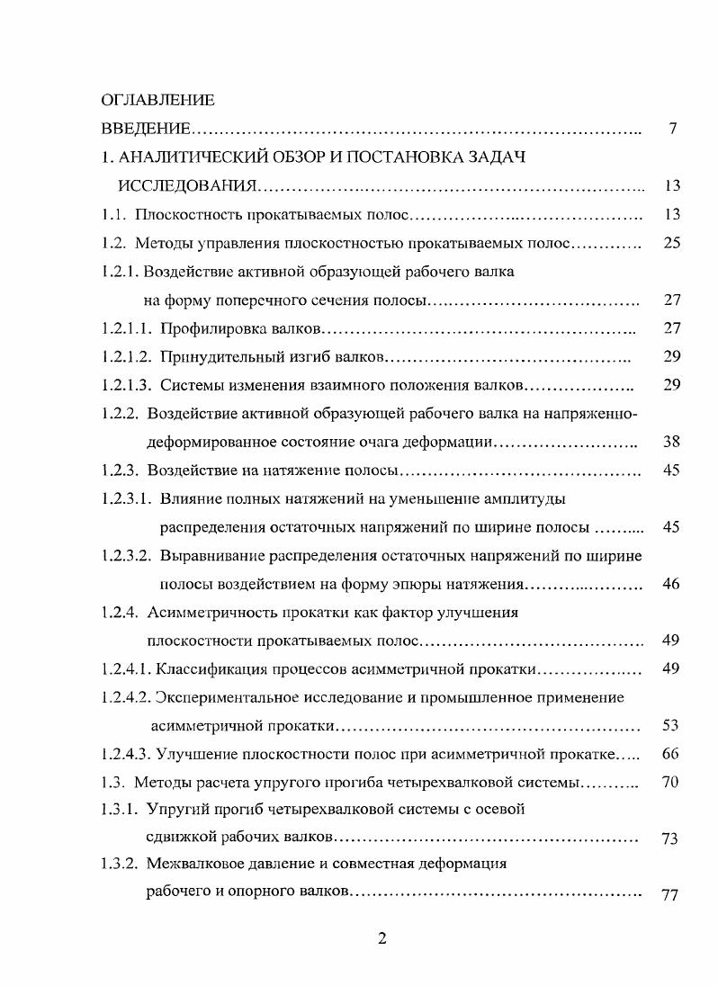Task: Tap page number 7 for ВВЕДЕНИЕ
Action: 672,129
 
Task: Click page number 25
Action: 670,243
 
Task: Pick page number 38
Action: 670,442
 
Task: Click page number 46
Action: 670,584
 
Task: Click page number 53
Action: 670,725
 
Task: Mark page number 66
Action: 670,753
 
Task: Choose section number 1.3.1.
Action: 119,809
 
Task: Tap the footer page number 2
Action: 381,938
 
